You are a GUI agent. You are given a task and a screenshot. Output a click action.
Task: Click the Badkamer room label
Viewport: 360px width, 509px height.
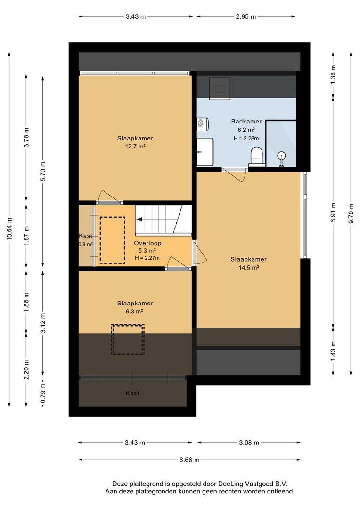[x=246, y=122]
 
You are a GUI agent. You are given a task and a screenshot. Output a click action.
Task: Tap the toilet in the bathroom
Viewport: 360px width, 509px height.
[x=256, y=155]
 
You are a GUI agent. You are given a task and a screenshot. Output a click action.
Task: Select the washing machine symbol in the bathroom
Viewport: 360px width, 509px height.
[x=220, y=89]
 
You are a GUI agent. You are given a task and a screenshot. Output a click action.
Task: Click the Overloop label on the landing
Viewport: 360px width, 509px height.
[x=147, y=243]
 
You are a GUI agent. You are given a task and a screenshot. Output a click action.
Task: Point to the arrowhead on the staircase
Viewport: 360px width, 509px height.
[x=139, y=220]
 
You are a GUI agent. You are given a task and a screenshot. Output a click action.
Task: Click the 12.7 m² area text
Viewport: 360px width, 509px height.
[x=135, y=147]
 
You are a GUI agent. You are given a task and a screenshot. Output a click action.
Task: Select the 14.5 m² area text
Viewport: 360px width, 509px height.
[x=249, y=268]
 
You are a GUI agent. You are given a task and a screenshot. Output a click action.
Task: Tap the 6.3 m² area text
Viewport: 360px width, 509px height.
[x=135, y=312]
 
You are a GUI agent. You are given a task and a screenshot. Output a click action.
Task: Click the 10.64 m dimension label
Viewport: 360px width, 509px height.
[x=10, y=229]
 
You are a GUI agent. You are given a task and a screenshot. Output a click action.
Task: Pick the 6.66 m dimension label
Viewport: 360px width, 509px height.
[x=189, y=460]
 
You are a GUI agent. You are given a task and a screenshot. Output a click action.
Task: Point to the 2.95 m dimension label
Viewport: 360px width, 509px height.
[x=246, y=16]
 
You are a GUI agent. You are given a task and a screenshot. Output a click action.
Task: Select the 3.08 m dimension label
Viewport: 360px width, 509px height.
[x=249, y=443]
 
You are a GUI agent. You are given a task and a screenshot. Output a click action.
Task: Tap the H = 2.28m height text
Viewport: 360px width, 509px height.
[x=246, y=138]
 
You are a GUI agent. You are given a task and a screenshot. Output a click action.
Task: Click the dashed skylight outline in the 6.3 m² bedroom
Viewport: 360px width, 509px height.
[x=128, y=325]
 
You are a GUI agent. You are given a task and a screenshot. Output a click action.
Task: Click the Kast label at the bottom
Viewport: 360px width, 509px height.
[x=132, y=394]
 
